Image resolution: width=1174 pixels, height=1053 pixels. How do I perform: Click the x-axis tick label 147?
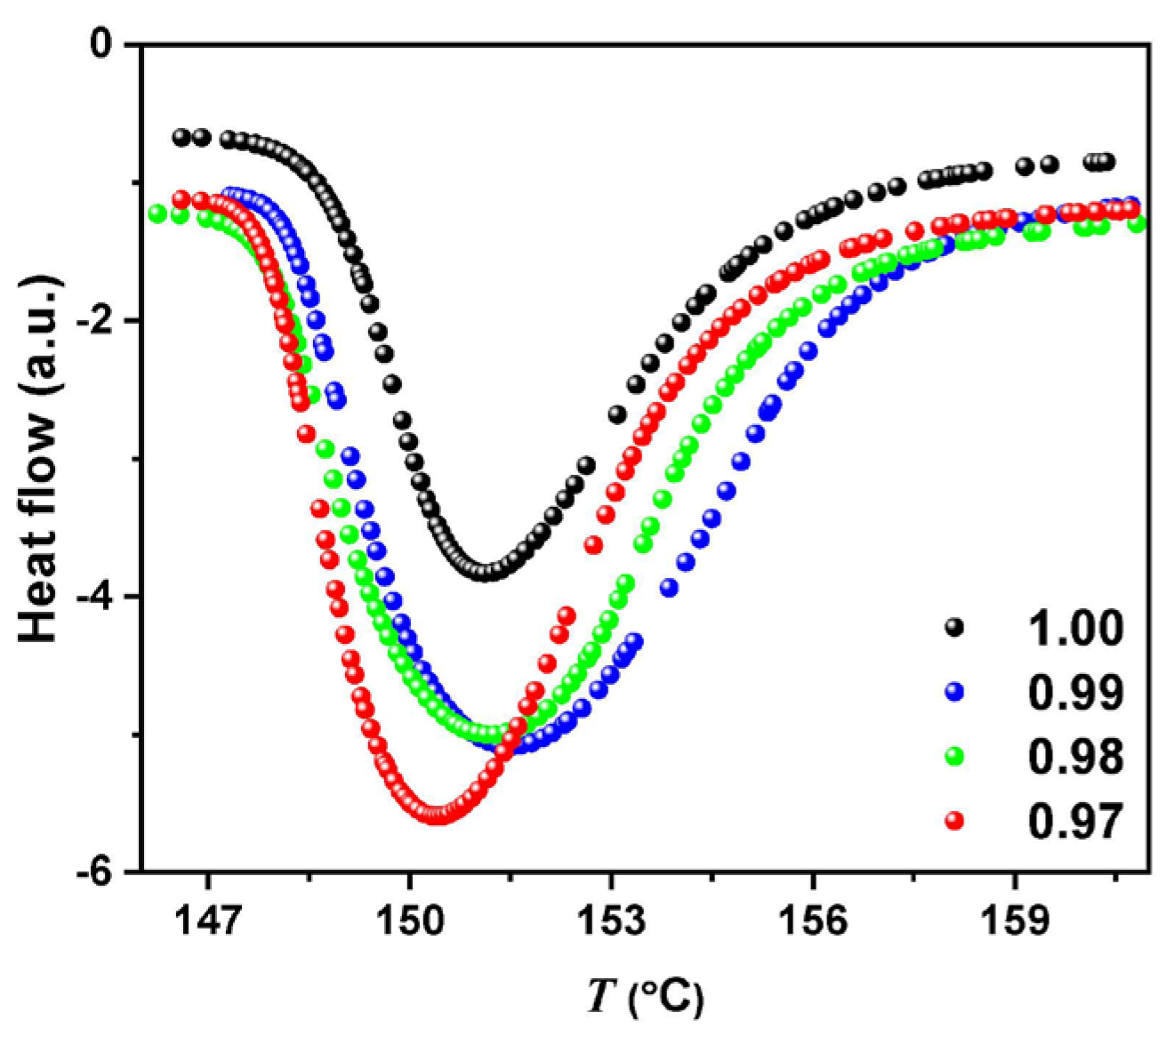[208, 922]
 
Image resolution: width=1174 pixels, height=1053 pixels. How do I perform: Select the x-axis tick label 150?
[409, 922]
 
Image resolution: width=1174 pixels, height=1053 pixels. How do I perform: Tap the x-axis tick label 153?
[611, 922]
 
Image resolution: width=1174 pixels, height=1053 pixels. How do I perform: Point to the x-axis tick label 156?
[813, 922]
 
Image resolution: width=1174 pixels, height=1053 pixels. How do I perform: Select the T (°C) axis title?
[646, 999]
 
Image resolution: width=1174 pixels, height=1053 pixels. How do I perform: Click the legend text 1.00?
[1075, 628]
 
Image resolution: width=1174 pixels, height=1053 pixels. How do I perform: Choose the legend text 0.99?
[1075, 693]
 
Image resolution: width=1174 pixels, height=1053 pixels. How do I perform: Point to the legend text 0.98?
[1075, 757]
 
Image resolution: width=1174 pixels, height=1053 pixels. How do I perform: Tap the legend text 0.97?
[1075, 822]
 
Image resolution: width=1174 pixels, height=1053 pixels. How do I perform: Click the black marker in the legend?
[955, 627]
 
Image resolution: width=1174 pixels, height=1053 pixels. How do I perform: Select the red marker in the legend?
[955, 821]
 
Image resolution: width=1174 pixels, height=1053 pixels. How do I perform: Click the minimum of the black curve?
[485, 572]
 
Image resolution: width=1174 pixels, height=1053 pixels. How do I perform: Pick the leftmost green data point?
[157, 213]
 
